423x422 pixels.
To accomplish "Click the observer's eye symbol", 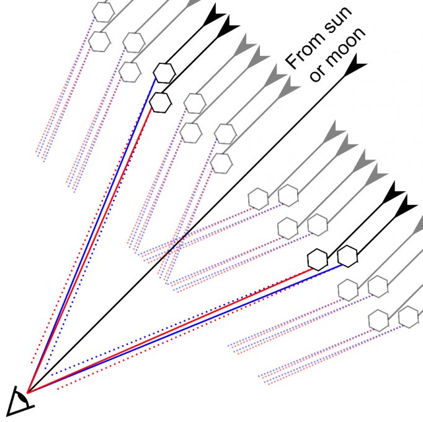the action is click(19, 401).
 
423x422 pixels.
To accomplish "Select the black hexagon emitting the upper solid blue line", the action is click(164, 73).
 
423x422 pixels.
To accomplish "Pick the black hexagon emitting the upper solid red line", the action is click(160, 102).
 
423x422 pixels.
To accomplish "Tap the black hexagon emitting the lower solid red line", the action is click(318, 260).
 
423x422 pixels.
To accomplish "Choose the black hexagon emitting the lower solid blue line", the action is click(348, 256).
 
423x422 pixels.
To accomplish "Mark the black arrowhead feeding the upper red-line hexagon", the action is click(228, 27).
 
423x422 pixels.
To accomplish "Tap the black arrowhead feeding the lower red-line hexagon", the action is click(393, 193).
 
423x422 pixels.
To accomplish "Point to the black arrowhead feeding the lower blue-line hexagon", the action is click(406, 206).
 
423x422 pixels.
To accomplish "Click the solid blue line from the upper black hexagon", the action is click(92, 235).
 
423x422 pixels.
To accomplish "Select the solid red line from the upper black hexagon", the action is click(89, 249).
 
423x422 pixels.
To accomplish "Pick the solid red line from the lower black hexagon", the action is click(169, 331).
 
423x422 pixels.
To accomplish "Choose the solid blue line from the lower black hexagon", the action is click(185, 328).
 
